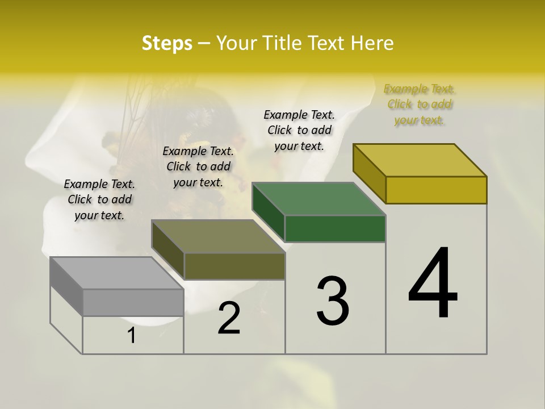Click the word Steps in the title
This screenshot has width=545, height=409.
pyautogui.click(x=167, y=43)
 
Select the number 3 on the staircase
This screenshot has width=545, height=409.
pyautogui.click(x=333, y=301)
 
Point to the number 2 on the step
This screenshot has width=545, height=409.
pyautogui.click(x=229, y=318)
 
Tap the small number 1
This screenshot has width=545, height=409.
pyautogui.click(x=132, y=336)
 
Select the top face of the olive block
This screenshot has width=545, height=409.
pyautogui.click(x=218, y=236)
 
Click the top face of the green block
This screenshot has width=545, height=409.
pyautogui.click(x=318, y=199)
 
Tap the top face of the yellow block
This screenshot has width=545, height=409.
pyautogui.click(x=420, y=160)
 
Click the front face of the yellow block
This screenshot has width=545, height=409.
pyautogui.click(x=436, y=190)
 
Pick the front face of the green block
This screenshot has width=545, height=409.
pyautogui.click(x=335, y=228)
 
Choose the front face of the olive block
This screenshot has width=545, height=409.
pyautogui.click(x=234, y=266)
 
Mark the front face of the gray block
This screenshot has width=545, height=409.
pyautogui.click(x=133, y=302)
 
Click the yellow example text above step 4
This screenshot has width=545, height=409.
pyautogui.click(x=420, y=105)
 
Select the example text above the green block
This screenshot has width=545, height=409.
pyautogui.click(x=299, y=130)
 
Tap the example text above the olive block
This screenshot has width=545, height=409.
pyautogui.click(x=198, y=166)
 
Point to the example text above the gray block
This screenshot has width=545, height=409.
pyautogui.click(x=99, y=199)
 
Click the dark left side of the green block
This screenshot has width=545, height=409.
pyautogui.click(x=268, y=211)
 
